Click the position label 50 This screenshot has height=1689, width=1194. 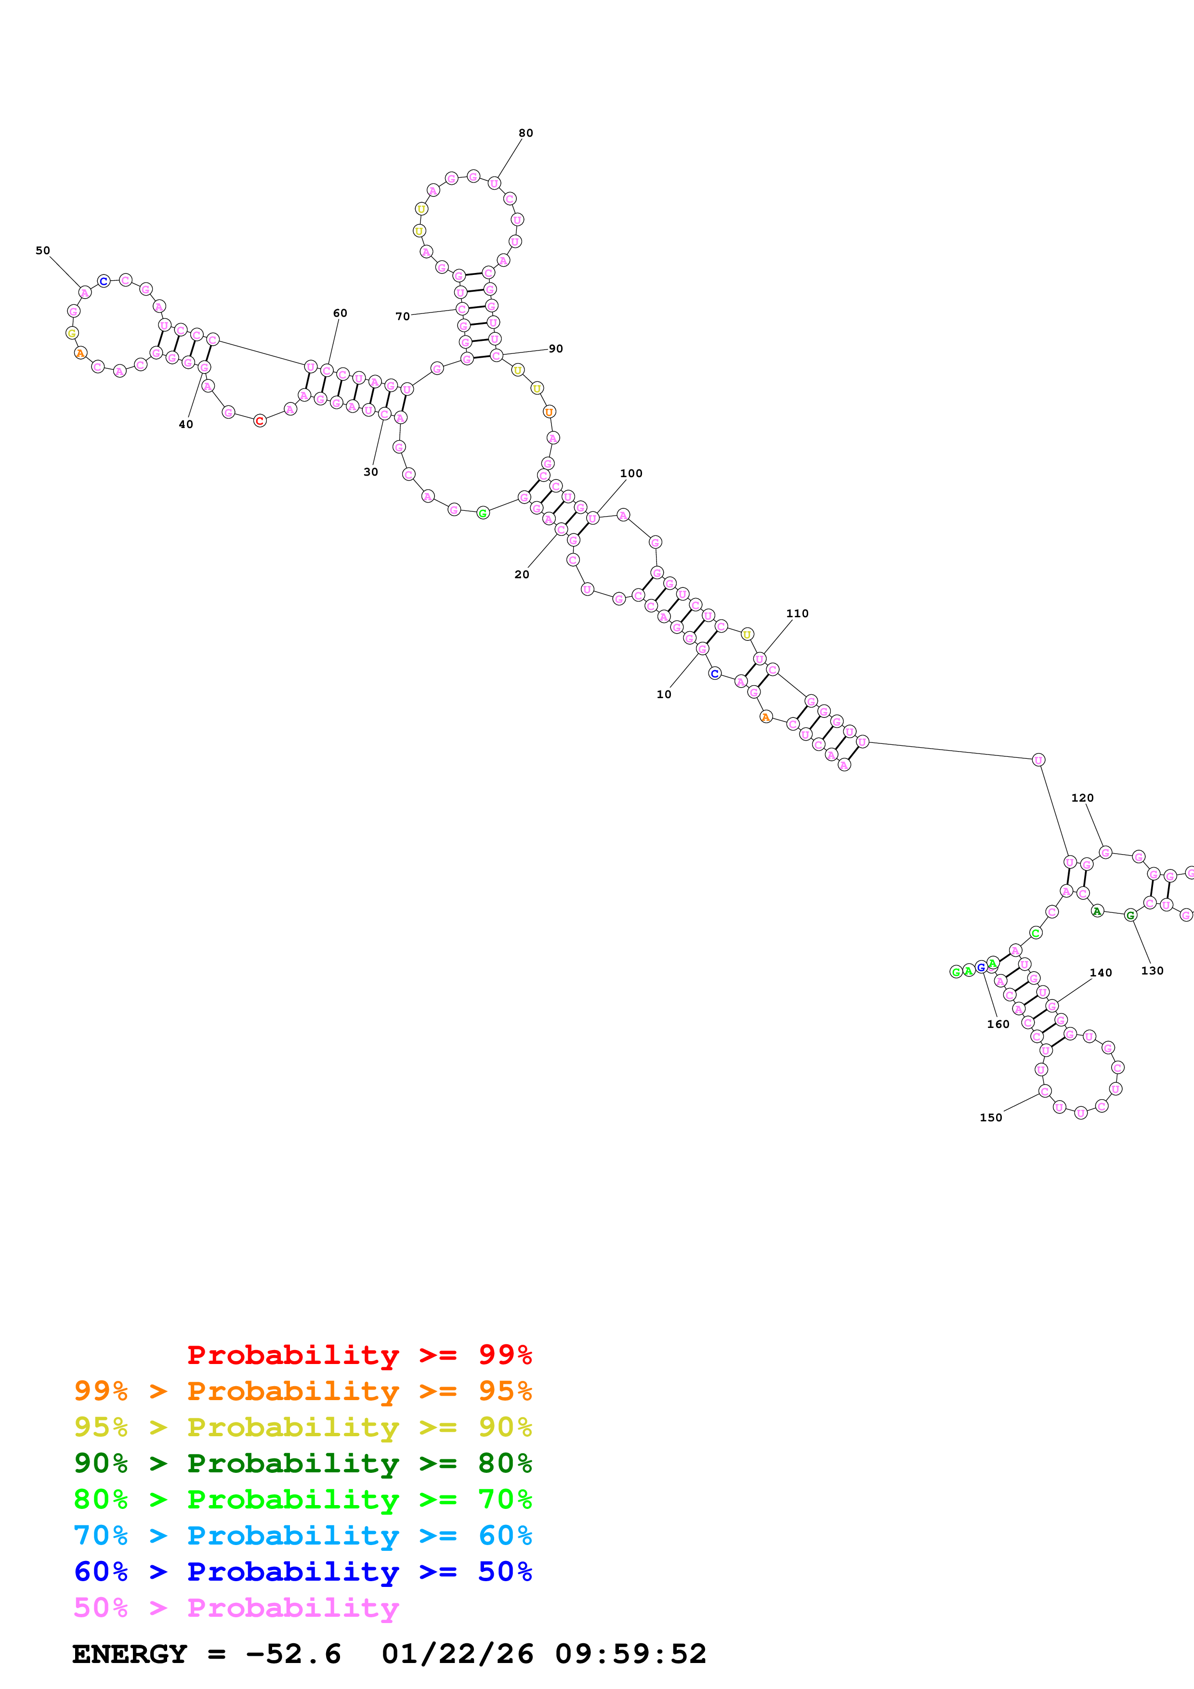(x=43, y=250)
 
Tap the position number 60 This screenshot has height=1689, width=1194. (x=340, y=312)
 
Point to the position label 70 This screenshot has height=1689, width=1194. (x=402, y=316)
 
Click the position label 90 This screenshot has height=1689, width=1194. (x=555, y=349)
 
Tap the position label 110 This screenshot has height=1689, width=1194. (x=797, y=613)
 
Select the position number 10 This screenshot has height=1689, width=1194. (x=664, y=694)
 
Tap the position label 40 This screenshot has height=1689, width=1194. (x=185, y=425)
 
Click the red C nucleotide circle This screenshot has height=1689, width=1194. (x=260, y=421)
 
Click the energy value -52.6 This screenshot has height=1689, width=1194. (x=293, y=1654)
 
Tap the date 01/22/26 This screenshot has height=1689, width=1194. (x=457, y=1654)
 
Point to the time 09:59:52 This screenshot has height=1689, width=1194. (x=630, y=1654)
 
